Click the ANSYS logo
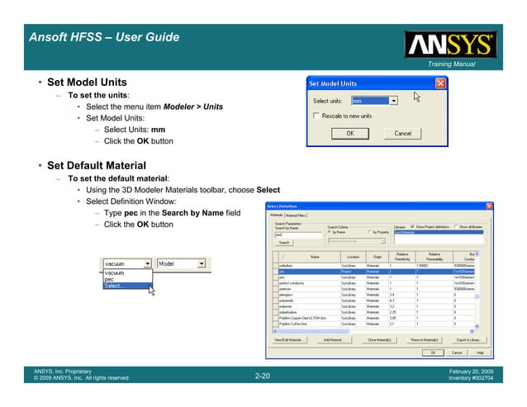coord(449,44)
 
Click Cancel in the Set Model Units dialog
coord(402,133)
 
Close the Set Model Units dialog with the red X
coord(440,83)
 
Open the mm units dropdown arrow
coord(394,101)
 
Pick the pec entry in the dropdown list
coord(109,279)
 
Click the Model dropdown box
coord(180,264)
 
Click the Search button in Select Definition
coord(283,243)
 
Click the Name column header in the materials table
coord(315,258)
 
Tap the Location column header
coord(353,258)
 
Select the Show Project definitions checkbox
coord(411,226)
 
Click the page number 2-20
coord(263,376)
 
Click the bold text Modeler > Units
coord(193,107)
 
